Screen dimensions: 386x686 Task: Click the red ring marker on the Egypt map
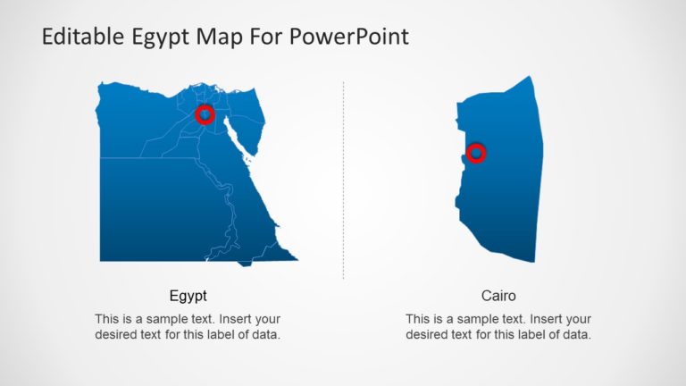pyautogui.click(x=205, y=114)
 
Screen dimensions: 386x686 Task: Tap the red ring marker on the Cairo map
pyautogui.click(x=476, y=153)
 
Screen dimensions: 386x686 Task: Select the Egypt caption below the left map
pyautogui.click(x=188, y=296)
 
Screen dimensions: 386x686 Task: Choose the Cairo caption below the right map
pyautogui.click(x=498, y=296)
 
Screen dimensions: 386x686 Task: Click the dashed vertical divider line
pyautogui.click(x=343, y=179)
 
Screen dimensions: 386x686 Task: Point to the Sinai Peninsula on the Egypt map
pyautogui.click(x=248, y=122)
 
